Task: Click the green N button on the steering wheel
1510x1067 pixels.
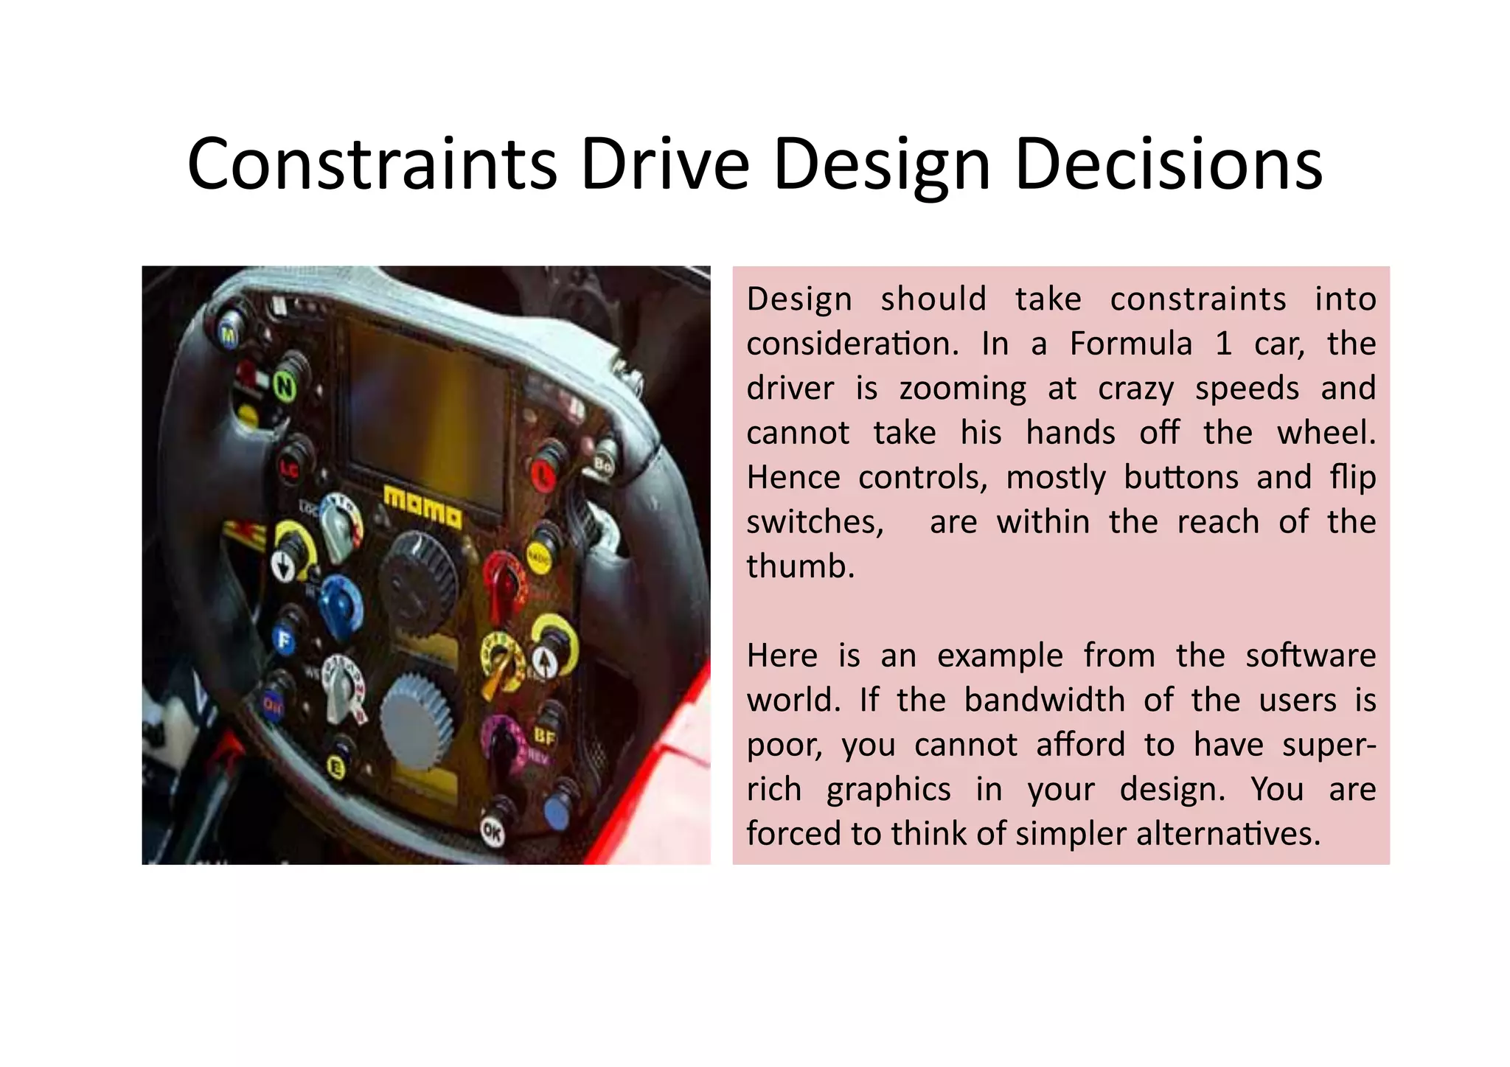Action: click(285, 386)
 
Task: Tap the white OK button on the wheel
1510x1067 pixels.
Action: click(492, 831)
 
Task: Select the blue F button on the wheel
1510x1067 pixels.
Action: click(283, 639)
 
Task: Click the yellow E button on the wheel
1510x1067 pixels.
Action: click(335, 768)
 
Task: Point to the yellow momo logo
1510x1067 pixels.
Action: click(423, 507)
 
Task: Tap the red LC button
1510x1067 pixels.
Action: click(288, 468)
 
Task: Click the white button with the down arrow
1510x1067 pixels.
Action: click(282, 566)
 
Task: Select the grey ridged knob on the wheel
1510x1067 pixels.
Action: click(417, 722)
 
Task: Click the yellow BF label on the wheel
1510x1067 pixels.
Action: click(545, 736)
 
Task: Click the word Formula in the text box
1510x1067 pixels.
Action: click(1130, 344)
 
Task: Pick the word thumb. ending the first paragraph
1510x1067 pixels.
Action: click(800, 567)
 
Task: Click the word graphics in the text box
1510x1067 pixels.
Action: click(888, 790)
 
